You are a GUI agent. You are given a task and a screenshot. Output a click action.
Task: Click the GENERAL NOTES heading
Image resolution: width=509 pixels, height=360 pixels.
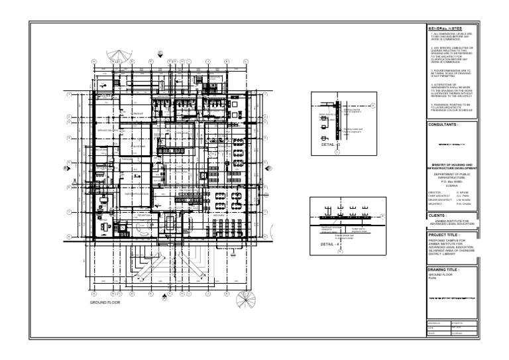pyautogui.click(x=444, y=28)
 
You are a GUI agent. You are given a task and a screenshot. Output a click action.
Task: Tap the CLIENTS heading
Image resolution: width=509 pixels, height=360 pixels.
pyautogui.click(x=437, y=215)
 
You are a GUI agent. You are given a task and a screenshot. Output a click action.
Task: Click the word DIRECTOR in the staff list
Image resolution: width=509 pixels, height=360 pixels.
pyautogui.click(x=434, y=193)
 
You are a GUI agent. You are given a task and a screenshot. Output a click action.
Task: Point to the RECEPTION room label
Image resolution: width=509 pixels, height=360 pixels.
pyautogui.click(x=144, y=215)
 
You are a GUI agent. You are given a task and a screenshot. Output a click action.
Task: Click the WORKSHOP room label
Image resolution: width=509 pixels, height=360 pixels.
pyautogui.click(x=138, y=113)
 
